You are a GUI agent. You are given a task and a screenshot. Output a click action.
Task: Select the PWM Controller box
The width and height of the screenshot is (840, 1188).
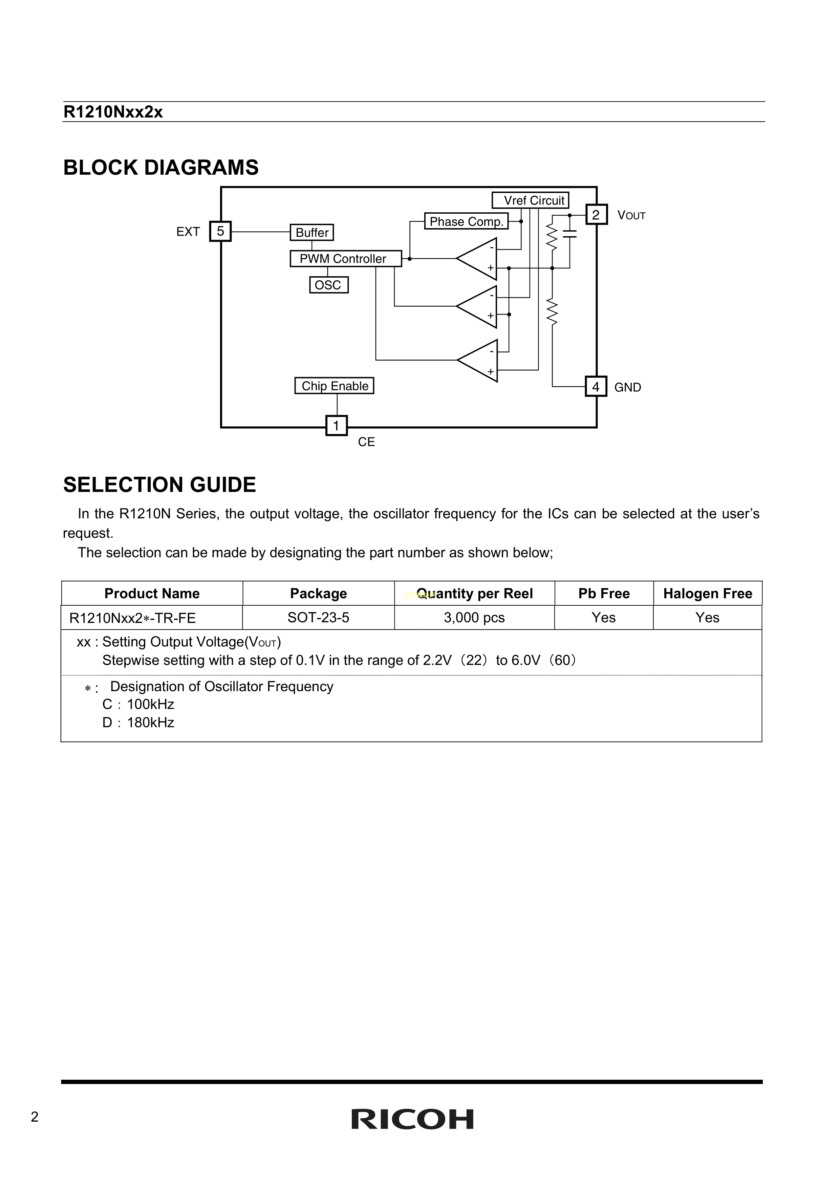[345, 259]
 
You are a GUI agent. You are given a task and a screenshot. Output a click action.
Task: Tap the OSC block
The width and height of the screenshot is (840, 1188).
[329, 285]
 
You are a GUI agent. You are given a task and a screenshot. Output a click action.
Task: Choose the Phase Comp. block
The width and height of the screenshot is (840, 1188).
[466, 221]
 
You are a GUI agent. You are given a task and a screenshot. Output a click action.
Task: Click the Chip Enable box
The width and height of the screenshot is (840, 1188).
[335, 386]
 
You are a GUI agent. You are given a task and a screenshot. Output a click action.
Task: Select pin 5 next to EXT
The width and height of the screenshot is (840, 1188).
[220, 231]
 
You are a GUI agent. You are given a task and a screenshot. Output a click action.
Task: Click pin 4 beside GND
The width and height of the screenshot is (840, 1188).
[596, 387]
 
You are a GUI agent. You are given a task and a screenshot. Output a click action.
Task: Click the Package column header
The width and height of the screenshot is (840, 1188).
[318, 593]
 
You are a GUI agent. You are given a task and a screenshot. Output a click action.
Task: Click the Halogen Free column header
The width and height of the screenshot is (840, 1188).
[708, 593]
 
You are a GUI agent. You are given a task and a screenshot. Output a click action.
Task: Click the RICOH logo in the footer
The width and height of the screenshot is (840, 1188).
[412, 1120]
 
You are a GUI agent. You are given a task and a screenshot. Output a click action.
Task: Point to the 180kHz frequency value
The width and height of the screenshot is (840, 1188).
[150, 723]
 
